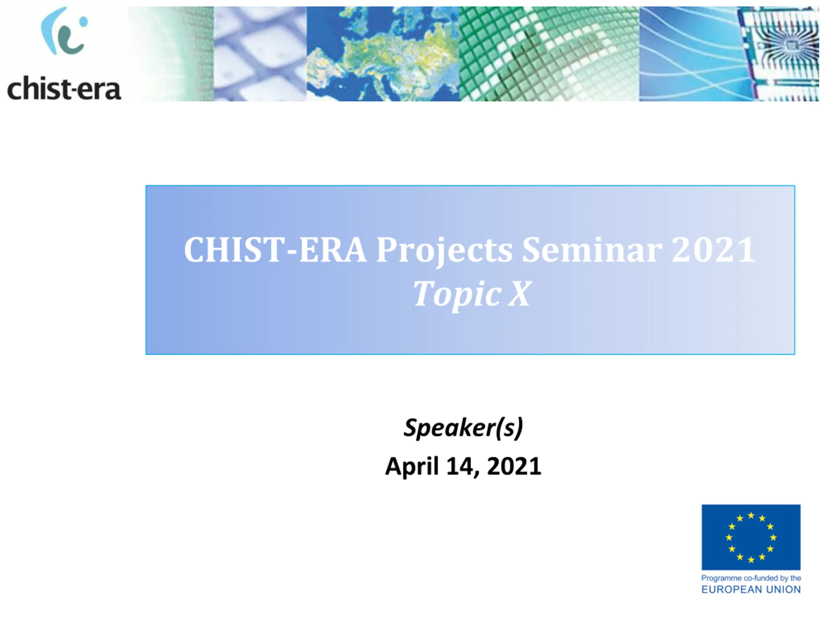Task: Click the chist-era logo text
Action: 64,89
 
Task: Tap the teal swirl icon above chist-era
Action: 64,31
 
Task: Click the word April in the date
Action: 412,466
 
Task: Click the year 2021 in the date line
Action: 514,466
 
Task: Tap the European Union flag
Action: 751,537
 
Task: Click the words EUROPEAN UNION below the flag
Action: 751,589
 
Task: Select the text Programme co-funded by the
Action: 751,578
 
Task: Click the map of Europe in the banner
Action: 383,54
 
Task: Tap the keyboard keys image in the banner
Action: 260,54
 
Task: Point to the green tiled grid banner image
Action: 549,54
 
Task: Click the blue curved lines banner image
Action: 688,54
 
